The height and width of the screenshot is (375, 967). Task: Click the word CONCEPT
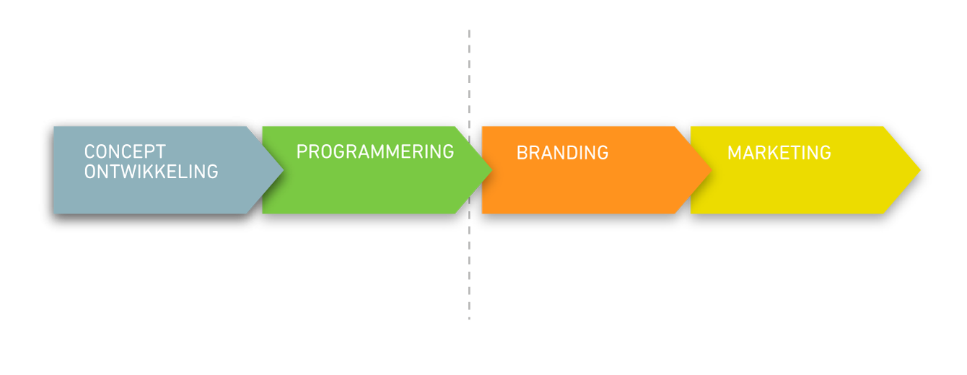[x=125, y=152]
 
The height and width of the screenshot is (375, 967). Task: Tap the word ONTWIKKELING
[x=151, y=172]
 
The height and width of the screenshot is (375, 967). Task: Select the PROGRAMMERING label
[x=375, y=152]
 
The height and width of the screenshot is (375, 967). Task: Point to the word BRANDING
[x=562, y=153]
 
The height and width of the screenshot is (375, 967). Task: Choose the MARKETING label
[x=779, y=153]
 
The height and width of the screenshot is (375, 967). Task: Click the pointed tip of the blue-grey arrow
[x=283, y=170]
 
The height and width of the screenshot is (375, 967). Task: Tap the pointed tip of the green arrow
[x=492, y=170]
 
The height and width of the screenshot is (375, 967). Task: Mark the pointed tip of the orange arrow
[x=712, y=170]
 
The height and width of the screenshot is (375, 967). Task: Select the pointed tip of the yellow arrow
[x=920, y=170]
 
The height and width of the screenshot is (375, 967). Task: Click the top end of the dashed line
[x=469, y=30]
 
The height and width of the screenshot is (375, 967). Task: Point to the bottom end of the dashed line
[x=469, y=319]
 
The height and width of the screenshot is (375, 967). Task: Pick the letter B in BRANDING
[x=522, y=153]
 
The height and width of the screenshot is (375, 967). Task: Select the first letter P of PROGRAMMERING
[x=302, y=152]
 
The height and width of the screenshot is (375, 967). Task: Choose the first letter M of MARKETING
[x=735, y=153]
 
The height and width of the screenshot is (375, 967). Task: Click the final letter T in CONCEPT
[x=161, y=152]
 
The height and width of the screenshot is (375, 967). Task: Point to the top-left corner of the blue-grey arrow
[x=53, y=127]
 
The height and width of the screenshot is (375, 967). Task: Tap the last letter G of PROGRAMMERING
[x=448, y=152]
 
